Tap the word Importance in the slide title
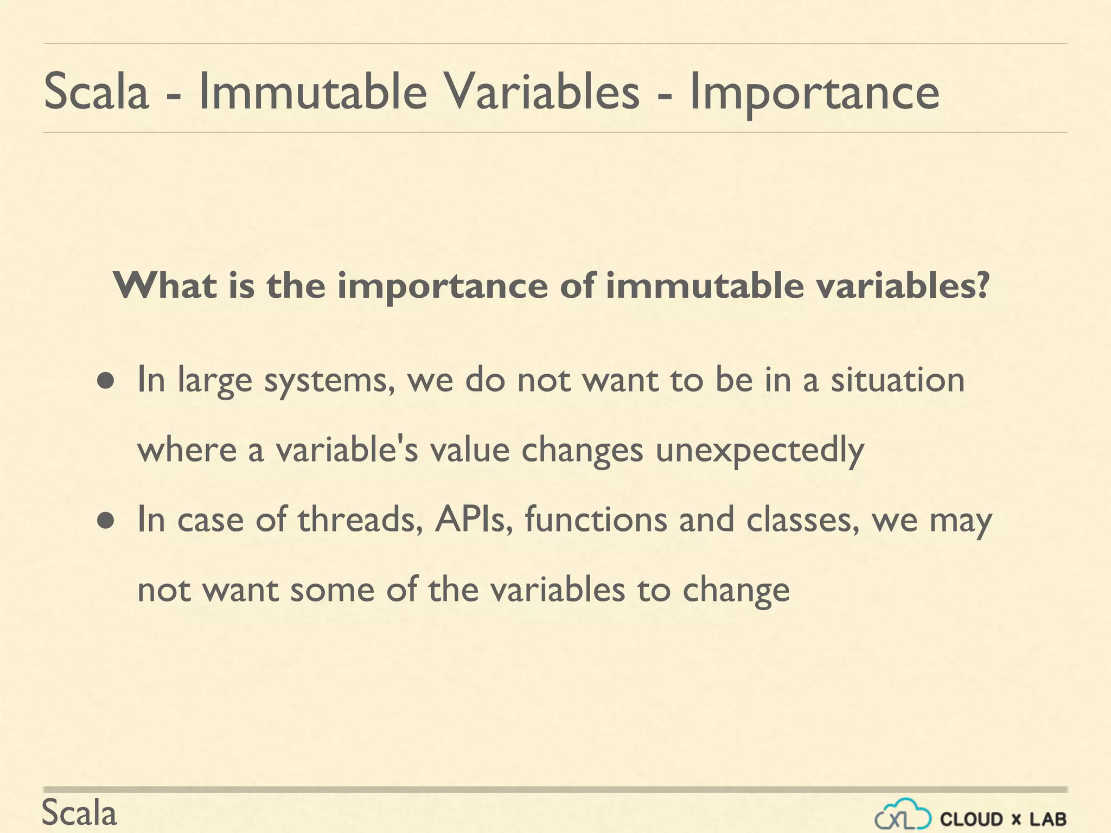tap(814, 93)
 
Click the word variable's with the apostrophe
tap(347, 450)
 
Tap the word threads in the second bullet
tap(360, 520)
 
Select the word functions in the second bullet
tap(596, 520)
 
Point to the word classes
tap(802, 520)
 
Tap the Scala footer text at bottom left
tap(79, 813)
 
